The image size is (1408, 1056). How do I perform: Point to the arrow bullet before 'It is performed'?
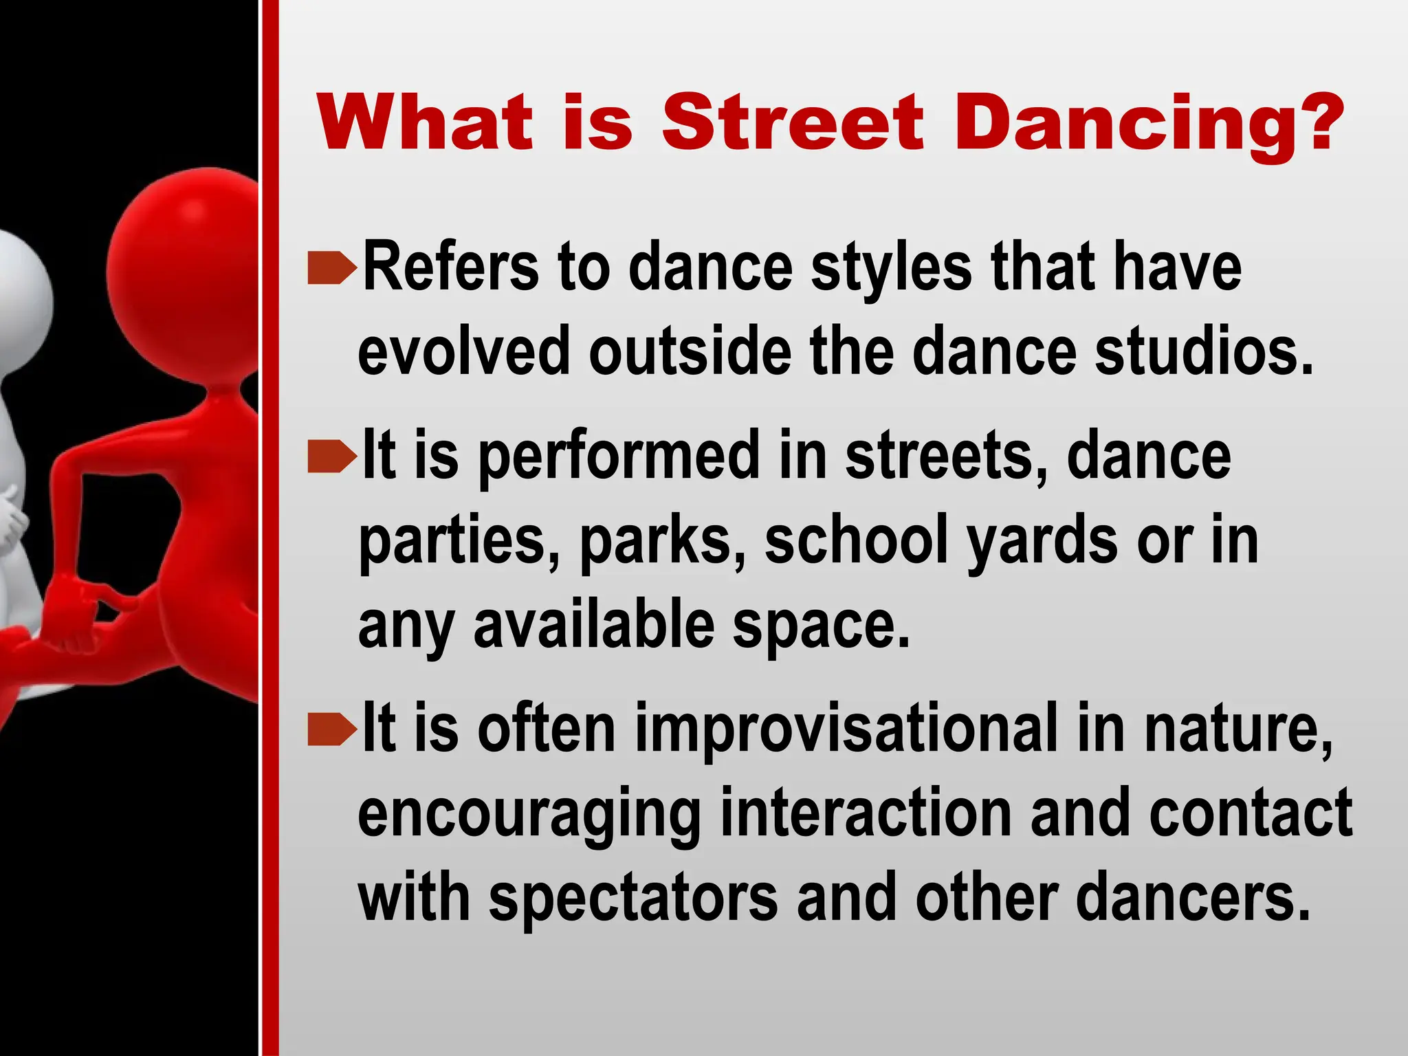[332, 457]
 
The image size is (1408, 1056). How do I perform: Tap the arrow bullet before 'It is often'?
[332, 730]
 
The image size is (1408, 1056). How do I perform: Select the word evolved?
[464, 351]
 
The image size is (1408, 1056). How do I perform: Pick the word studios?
[1204, 351]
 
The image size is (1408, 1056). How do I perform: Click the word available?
[595, 626]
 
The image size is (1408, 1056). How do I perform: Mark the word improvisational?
[846, 729]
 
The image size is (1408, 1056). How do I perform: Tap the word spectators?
[633, 898]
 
